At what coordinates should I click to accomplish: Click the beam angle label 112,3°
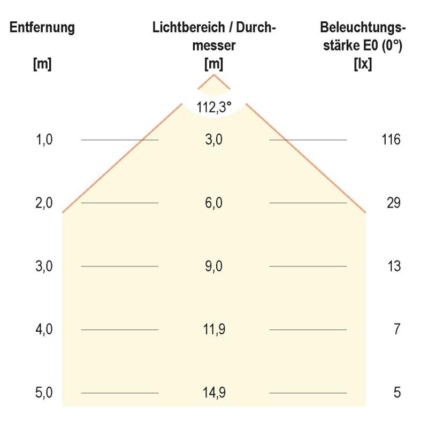tap(214, 108)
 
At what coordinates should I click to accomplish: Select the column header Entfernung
tap(42, 28)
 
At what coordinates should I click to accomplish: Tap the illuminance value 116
tap(391, 140)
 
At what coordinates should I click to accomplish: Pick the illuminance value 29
tap(394, 203)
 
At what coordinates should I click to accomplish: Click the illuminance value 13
tap(394, 266)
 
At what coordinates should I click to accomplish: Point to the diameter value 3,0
tap(214, 140)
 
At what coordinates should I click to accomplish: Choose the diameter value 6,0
tap(214, 203)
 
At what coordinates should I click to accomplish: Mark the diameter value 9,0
tap(214, 266)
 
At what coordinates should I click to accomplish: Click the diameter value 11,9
tap(214, 330)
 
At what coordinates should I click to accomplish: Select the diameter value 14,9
tap(214, 393)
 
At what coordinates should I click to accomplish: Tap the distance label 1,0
tap(45, 140)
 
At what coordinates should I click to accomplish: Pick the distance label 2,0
tap(45, 203)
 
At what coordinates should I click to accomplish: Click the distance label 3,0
tap(45, 266)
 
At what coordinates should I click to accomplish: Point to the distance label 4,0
tap(45, 330)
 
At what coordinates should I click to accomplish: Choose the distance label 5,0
tap(45, 393)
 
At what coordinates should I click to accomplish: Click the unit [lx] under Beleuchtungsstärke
tap(363, 64)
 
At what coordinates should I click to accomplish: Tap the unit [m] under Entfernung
tap(42, 64)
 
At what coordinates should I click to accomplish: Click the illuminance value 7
tap(396, 330)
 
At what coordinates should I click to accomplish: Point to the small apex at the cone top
tap(214, 75)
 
